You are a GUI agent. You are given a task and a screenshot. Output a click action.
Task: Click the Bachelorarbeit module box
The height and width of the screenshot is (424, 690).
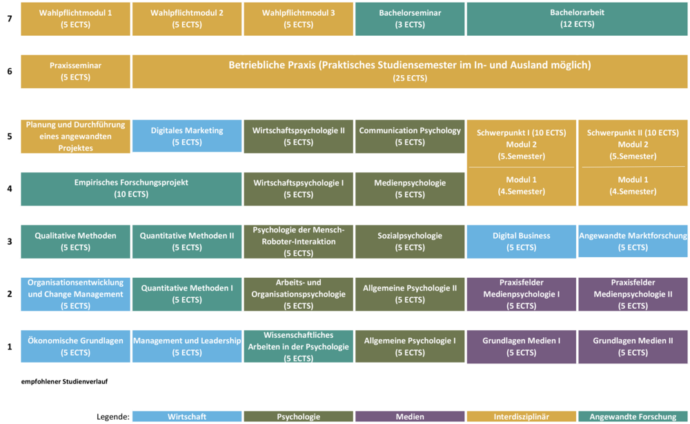point(577,19)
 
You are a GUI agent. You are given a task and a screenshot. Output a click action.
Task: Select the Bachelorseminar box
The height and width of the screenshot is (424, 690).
point(410,19)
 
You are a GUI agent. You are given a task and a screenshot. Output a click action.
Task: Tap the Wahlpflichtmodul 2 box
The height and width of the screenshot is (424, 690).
point(186,19)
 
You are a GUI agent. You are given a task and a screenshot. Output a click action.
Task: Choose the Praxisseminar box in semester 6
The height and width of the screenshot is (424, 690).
point(75,71)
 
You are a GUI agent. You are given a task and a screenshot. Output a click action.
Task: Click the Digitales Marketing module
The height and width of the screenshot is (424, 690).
point(186,137)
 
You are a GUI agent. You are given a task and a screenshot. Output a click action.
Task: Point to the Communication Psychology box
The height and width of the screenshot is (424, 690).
point(410,137)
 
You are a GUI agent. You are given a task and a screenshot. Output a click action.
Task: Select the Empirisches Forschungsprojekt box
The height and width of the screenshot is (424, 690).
point(131,189)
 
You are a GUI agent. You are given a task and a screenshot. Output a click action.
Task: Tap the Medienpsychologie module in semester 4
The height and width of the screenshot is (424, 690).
point(410,189)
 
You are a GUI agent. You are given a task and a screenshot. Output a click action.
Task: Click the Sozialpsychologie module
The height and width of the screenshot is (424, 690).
point(410,241)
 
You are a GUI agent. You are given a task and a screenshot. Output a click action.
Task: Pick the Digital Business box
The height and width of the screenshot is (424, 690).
point(521,241)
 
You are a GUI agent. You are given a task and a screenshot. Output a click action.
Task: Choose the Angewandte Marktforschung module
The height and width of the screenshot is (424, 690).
point(633,241)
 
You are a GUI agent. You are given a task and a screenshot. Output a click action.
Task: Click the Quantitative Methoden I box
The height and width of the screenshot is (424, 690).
point(186,294)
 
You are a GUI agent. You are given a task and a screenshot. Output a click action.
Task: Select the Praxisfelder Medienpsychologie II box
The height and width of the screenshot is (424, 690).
point(633,294)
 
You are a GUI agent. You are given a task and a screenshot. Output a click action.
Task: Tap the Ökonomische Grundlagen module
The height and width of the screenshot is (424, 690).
point(75,346)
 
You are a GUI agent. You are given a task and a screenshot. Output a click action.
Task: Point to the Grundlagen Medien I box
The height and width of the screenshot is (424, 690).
point(521,346)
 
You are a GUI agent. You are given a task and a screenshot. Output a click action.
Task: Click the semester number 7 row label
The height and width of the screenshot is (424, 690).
point(10,19)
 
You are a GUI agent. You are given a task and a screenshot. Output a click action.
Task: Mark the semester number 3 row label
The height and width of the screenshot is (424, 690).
point(10,241)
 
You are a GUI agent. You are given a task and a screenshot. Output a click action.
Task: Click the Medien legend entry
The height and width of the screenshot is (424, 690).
point(410,416)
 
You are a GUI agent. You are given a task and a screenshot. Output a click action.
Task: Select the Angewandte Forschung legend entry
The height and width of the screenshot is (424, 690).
point(633,416)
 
